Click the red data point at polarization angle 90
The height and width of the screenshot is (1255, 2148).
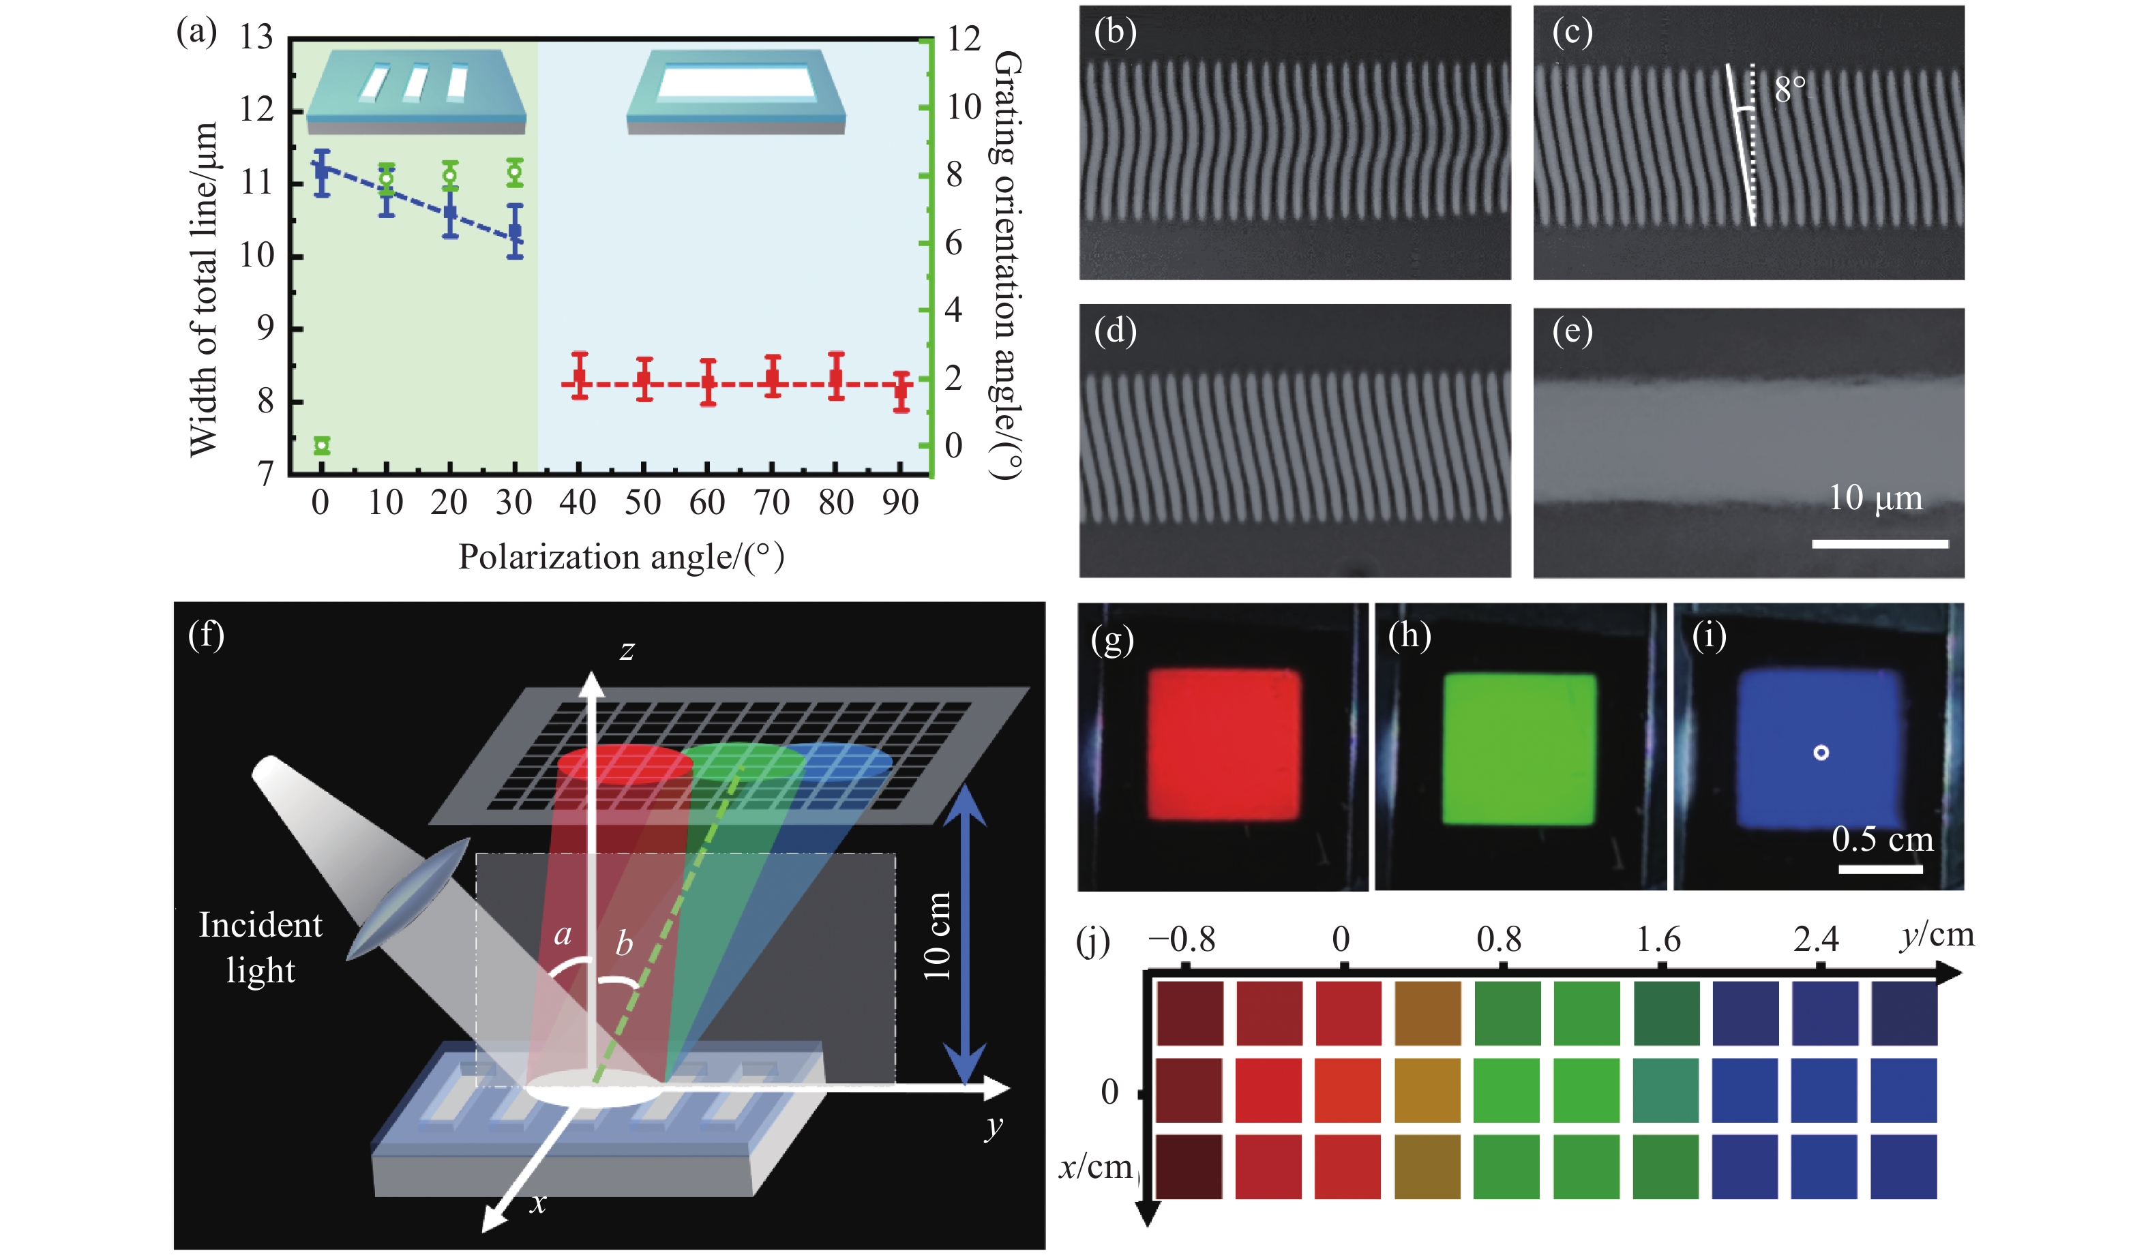pos(901,391)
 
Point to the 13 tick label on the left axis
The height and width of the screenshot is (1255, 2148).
pos(256,37)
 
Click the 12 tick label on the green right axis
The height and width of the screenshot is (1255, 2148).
pos(964,39)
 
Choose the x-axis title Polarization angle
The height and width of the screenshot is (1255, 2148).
pos(621,557)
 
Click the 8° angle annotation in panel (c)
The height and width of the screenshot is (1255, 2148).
pos(1789,89)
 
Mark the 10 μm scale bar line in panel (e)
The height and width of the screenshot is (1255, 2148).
pos(1879,543)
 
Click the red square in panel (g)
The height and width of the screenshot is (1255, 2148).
pos(1224,744)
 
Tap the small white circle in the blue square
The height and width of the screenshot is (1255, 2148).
pos(1821,753)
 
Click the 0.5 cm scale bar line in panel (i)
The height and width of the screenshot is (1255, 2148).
pos(1881,869)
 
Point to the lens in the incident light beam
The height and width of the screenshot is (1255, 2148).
pos(408,899)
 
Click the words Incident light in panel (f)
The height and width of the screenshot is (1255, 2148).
pos(260,948)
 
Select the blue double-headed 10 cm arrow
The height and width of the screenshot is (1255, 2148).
pos(965,934)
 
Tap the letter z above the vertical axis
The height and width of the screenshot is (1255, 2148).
pos(627,651)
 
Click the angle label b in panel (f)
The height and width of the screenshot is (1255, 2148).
pos(624,944)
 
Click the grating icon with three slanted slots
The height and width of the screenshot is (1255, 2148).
pos(415,89)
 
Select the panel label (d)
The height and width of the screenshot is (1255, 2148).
pos(1115,331)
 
